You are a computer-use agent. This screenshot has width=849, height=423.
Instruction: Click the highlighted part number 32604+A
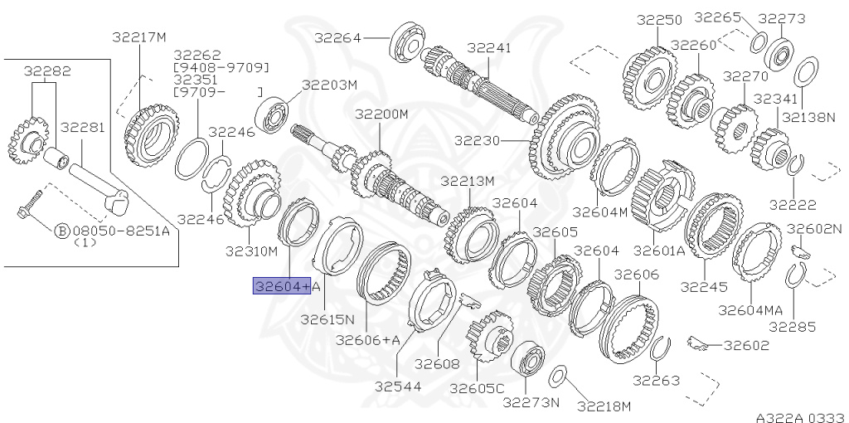pyautogui.click(x=283, y=287)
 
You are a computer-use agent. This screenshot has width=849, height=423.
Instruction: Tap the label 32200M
pyautogui.click(x=381, y=114)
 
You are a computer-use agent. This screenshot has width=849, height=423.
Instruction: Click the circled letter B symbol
pyautogui.click(x=61, y=231)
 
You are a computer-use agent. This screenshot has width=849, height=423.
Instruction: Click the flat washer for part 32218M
pyautogui.click(x=559, y=376)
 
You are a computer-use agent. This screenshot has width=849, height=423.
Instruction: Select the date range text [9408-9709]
pyautogui.click(x=221, y=67)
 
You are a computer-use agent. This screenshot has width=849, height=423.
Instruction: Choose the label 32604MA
pyautogui.click(x=750, y=309)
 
